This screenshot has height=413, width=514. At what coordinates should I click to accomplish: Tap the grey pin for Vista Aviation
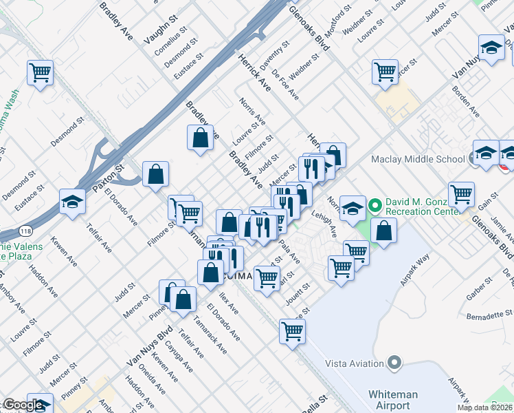coord(394,362)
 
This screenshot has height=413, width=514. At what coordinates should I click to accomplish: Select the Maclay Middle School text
coord(418,160)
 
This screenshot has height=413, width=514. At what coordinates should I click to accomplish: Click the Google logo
coord(23,405)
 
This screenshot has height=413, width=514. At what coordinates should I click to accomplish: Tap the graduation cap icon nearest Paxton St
coord(72,202)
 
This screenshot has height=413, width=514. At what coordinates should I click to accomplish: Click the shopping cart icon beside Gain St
coord(461,194)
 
